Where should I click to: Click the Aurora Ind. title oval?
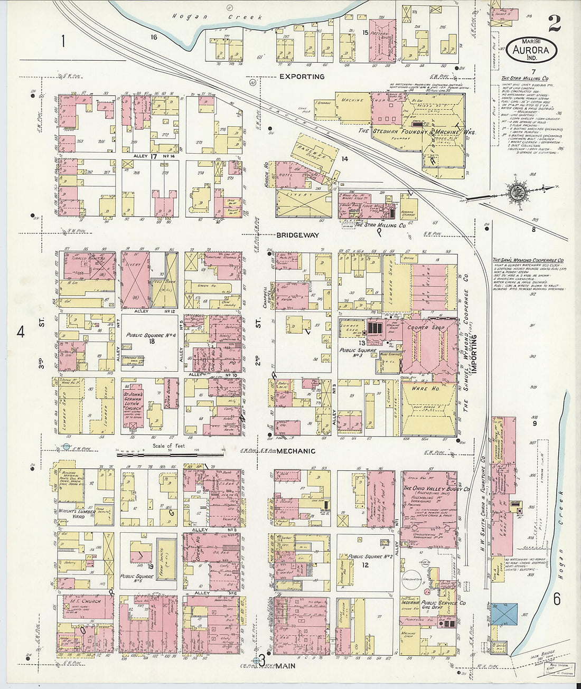click(x=532, y=49)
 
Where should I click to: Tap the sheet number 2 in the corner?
click(x=554, y=23)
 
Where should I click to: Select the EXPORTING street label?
click(x=302, y=77)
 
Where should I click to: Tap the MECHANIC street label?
click(x=296, y=451)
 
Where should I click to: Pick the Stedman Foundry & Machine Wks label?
click(x=417, y=131)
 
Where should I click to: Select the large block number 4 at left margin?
click(x=21, y=332)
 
